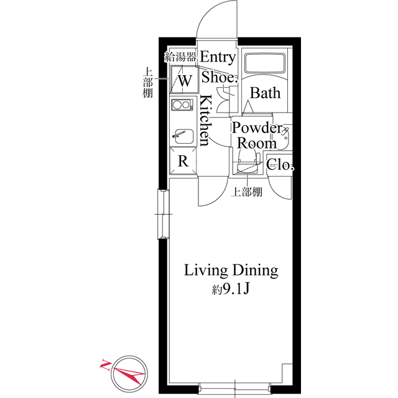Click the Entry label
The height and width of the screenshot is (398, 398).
pos(218,58)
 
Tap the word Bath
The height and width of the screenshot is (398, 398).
pos(266,93)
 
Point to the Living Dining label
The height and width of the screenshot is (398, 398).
pos(231,271)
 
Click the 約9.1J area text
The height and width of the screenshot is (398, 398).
pos(231,289)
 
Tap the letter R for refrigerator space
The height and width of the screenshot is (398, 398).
pos(183,161)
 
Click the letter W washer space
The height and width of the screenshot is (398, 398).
pos(185,81)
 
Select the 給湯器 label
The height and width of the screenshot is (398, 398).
pos(180,57)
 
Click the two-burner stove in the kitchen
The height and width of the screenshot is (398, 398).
pos(182,104)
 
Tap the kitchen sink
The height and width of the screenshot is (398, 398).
pos(182,137)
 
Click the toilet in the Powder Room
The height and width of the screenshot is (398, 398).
pos(248,162)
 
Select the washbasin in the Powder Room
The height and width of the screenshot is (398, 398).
pos(285,137)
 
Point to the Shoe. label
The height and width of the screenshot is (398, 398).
pos(220,77)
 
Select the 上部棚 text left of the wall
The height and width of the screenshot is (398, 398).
pos(147,82)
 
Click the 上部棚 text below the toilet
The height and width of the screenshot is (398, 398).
pos(247,192)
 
